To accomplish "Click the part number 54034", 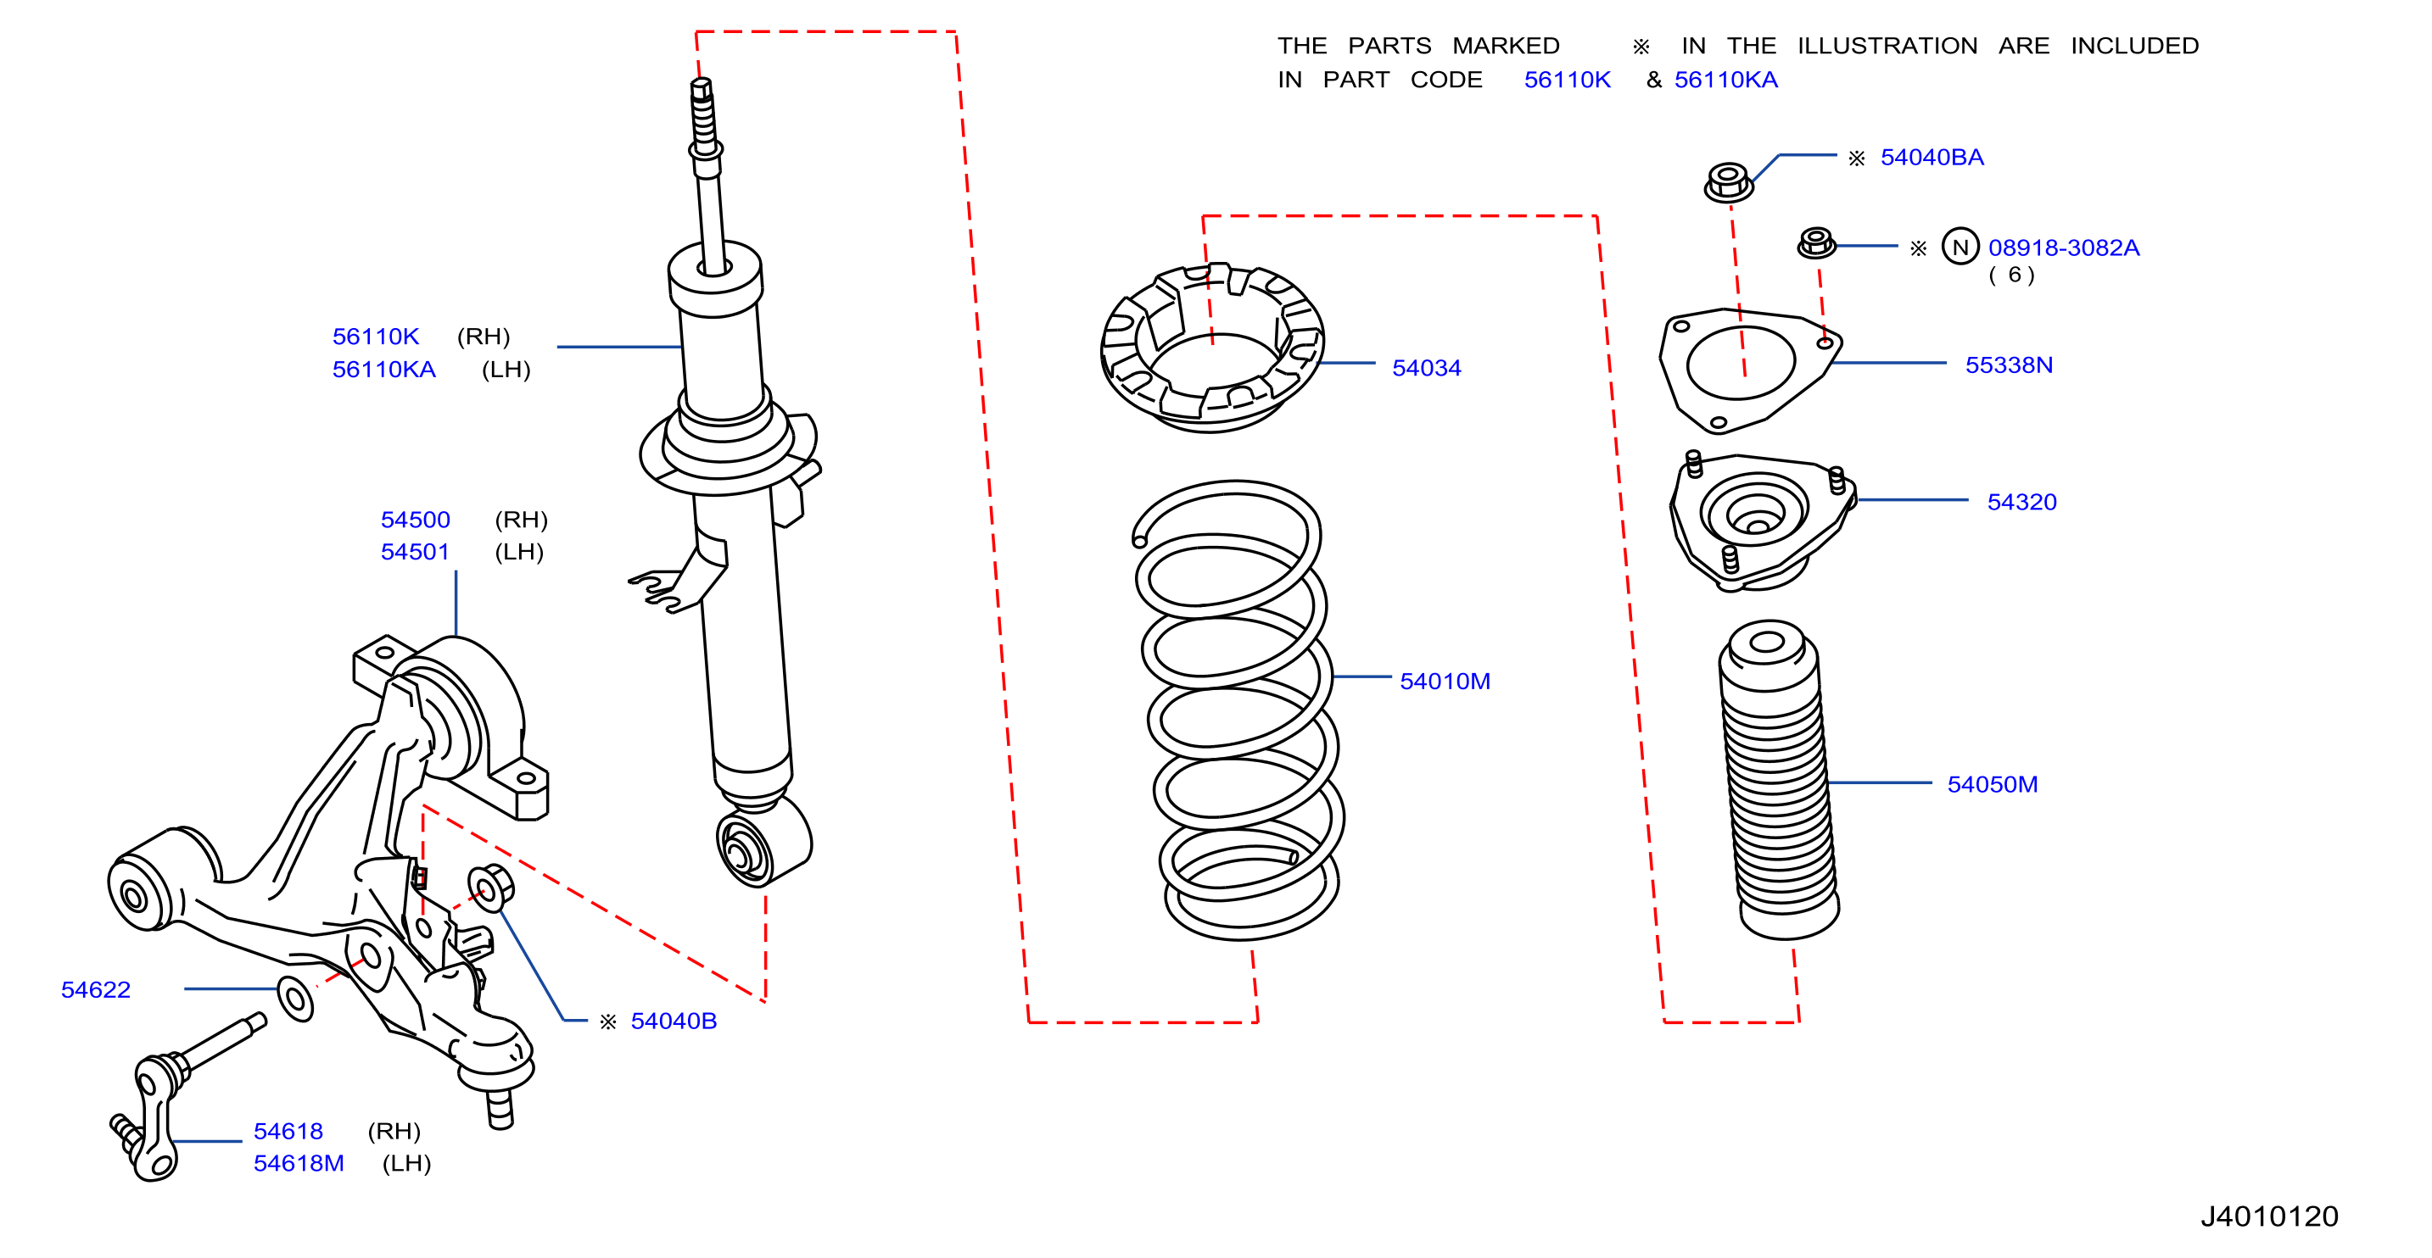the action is [x=1426, y=368].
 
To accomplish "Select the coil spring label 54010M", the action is [x=1445, y=682].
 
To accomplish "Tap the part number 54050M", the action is [x=1992, y=784].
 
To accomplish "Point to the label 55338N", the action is [x=2008, y=365].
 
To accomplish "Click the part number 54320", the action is [x=2021, y=502].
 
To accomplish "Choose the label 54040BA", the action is [x=1932, y=158].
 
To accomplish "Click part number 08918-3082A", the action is [x=2063, y=248].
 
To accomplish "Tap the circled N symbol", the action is [x=1960, y=248].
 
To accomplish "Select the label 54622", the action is [x=95, y=990].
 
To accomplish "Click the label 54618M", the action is [x=299, y=1164].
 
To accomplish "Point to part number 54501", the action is [x=415, y=552].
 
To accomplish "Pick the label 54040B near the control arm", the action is [x=674, y=1021].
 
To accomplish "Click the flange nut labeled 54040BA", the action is [x=1728, y=182].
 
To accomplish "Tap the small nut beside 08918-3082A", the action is [x=1815, y=243].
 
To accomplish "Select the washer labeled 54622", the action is [x=295, y=999].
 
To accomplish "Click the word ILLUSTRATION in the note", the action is [x=1887, y=47].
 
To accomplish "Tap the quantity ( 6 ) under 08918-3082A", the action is [x=2011, y=276].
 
